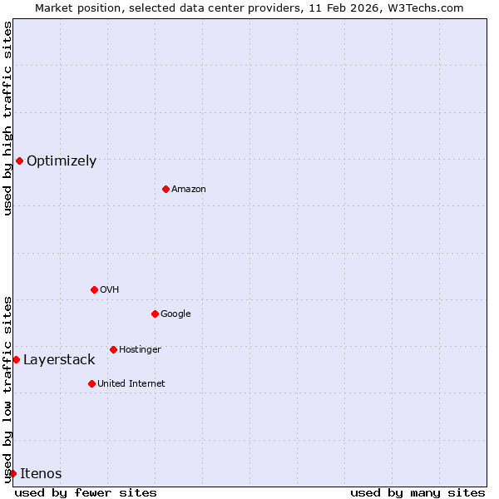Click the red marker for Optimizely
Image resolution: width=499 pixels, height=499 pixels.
pyautogui.click(x=19, y=161)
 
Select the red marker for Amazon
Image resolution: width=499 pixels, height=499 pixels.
pyautogui.click(x=166, y=189)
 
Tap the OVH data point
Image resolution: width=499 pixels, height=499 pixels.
pyautogui.click(x=94, y=289)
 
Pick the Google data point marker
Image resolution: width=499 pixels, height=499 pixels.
pyautogui.click(x=155, y=314)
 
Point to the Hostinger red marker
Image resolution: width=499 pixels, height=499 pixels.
pyautogui.click(x=113, y=349)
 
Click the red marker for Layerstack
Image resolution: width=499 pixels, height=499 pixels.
pyautogui.click(x=16, y=359)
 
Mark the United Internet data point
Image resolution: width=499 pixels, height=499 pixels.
pyautogui.click(x=91, y=383)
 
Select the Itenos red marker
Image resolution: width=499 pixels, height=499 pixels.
pyautogui.click(x=12, y=473)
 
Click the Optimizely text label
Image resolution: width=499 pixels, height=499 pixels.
pyautogui.click(x=62, y=161)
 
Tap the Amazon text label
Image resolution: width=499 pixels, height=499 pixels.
pyautogui.click(x=189, y=190)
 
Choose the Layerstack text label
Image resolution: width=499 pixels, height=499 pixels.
pyautogui.click(x=59, y=360)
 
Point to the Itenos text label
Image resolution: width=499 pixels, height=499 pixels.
pyautogui.click(x=41, y=474)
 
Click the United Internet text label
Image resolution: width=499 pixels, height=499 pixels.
pyautogui.click(x=131, y=384)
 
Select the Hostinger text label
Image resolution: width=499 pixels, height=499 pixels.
pyautogui.click(x=140, y=350)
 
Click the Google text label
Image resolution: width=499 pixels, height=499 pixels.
pyautogui.click(x=175, y=314)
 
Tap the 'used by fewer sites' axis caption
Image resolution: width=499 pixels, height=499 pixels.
pyautogui.click(x=86, y=492)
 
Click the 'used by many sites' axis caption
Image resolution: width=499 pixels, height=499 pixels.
pyautogui.click(x=417, y=492)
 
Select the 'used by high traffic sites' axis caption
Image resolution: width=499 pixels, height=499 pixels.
pyautogui.click(x=7, y=118)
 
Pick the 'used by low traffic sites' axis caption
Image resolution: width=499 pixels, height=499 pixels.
pyautogui.click(x=7, y=388)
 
